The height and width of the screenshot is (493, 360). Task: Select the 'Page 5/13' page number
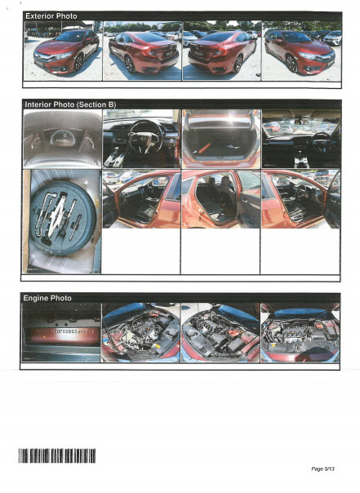point(323,469)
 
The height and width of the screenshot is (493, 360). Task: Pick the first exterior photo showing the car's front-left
point(62,51)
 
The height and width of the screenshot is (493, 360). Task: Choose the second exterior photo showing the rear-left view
point(141,51)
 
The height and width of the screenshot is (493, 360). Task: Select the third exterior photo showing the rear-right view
point(221,51)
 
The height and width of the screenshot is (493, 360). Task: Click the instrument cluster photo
point(62,139)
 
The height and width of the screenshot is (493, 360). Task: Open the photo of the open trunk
point(221,139)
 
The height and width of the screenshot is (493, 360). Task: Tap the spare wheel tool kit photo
point(62,221)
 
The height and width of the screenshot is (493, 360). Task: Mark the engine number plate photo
point(62,333)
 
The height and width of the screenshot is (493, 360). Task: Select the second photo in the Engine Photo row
point(141,333)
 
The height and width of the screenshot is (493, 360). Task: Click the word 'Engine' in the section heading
point(37,298)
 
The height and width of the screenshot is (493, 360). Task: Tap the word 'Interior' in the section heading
point(40,105)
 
